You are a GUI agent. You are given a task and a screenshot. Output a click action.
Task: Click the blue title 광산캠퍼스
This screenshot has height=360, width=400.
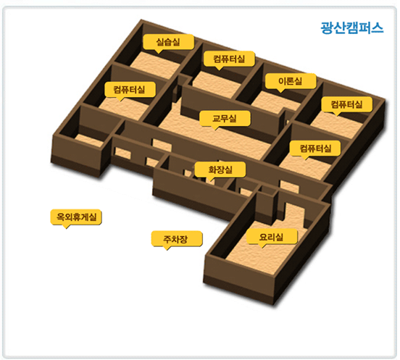point(352,28)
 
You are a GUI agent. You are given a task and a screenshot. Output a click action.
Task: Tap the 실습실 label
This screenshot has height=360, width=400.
point(168,42)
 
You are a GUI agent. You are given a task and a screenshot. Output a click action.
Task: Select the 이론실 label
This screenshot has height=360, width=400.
point(291,81)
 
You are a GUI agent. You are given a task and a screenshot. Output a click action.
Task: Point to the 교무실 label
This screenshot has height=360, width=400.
point(225,118)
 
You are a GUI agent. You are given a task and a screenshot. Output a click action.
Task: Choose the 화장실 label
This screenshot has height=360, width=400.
point(220,169)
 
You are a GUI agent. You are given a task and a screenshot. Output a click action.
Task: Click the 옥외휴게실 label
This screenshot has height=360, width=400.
point(76,217)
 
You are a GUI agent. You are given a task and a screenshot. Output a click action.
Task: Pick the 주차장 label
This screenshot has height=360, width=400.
point(176,238)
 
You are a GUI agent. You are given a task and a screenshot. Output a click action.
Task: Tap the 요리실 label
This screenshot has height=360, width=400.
point(272,237)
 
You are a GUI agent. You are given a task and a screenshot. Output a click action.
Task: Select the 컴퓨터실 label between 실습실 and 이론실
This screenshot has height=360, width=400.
point(229,59)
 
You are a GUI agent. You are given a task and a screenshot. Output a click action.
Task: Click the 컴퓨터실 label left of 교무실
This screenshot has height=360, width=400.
point(129,90)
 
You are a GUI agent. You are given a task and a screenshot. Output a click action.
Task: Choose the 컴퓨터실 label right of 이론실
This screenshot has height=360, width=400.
point(346,104)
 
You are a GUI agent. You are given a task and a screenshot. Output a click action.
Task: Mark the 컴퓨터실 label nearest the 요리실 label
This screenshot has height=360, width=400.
point(315,148)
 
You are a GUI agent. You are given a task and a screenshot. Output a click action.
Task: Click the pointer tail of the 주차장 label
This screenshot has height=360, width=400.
point(167,248)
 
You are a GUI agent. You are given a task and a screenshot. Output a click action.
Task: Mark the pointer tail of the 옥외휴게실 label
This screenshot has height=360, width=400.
point(66,227)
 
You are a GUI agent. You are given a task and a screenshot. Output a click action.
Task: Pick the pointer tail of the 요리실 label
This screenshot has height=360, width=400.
point(262,246)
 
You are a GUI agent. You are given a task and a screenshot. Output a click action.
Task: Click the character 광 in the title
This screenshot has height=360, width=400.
point(327,28)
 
